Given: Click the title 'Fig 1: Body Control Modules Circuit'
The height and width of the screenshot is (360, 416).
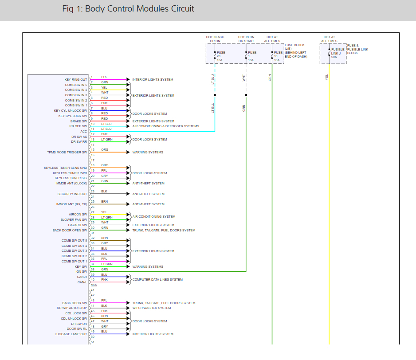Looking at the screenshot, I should tap(128, 9).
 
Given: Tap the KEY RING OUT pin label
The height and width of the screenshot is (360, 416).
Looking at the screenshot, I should tap(76, 80).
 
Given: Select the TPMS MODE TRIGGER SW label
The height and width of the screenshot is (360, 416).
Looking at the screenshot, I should tap(67, 153).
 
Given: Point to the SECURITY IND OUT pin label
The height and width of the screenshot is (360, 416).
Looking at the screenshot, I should tap(72, 194).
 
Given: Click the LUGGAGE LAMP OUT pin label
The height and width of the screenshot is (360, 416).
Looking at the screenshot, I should tap(71, 334).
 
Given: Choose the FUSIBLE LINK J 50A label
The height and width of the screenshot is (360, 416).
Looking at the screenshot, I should tap(337, 53).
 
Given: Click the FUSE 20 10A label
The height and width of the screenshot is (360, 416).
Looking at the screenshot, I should tap(221, 56).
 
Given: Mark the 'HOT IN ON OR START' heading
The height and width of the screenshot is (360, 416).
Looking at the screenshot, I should tap(246, 39).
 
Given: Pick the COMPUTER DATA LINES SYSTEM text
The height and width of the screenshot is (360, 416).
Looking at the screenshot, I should tap(157, 280).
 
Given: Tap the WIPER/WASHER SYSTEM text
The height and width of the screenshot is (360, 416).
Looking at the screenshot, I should tap(152, 308).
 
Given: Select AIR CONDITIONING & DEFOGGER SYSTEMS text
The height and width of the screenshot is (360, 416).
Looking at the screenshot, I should tap(165, 126).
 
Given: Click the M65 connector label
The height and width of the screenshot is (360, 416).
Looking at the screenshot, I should tap(94, 285).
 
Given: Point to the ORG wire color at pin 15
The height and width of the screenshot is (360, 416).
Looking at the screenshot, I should tap(105, 150).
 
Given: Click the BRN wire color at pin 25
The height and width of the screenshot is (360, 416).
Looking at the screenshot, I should tap(105, 202).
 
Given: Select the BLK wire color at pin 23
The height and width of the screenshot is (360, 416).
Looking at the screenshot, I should tap(104, 192).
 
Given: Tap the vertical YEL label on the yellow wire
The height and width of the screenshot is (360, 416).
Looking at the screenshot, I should tap(327, 77).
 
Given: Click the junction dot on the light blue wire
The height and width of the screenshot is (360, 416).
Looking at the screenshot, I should tap(215, 95).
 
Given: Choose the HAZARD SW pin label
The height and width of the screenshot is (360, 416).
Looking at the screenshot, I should tap(78, 225).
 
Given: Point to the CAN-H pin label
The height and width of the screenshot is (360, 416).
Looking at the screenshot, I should tap(82, 277).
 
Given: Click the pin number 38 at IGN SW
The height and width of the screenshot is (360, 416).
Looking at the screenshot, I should tap(93, 270).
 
